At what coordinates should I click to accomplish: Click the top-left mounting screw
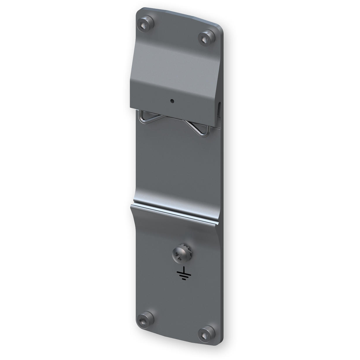145,25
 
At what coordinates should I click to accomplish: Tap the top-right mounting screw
207,37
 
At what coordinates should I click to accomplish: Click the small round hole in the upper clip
172,101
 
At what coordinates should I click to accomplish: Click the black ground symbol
183,273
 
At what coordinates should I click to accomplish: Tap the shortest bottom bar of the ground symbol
184,279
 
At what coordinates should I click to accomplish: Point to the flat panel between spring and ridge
176,164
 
